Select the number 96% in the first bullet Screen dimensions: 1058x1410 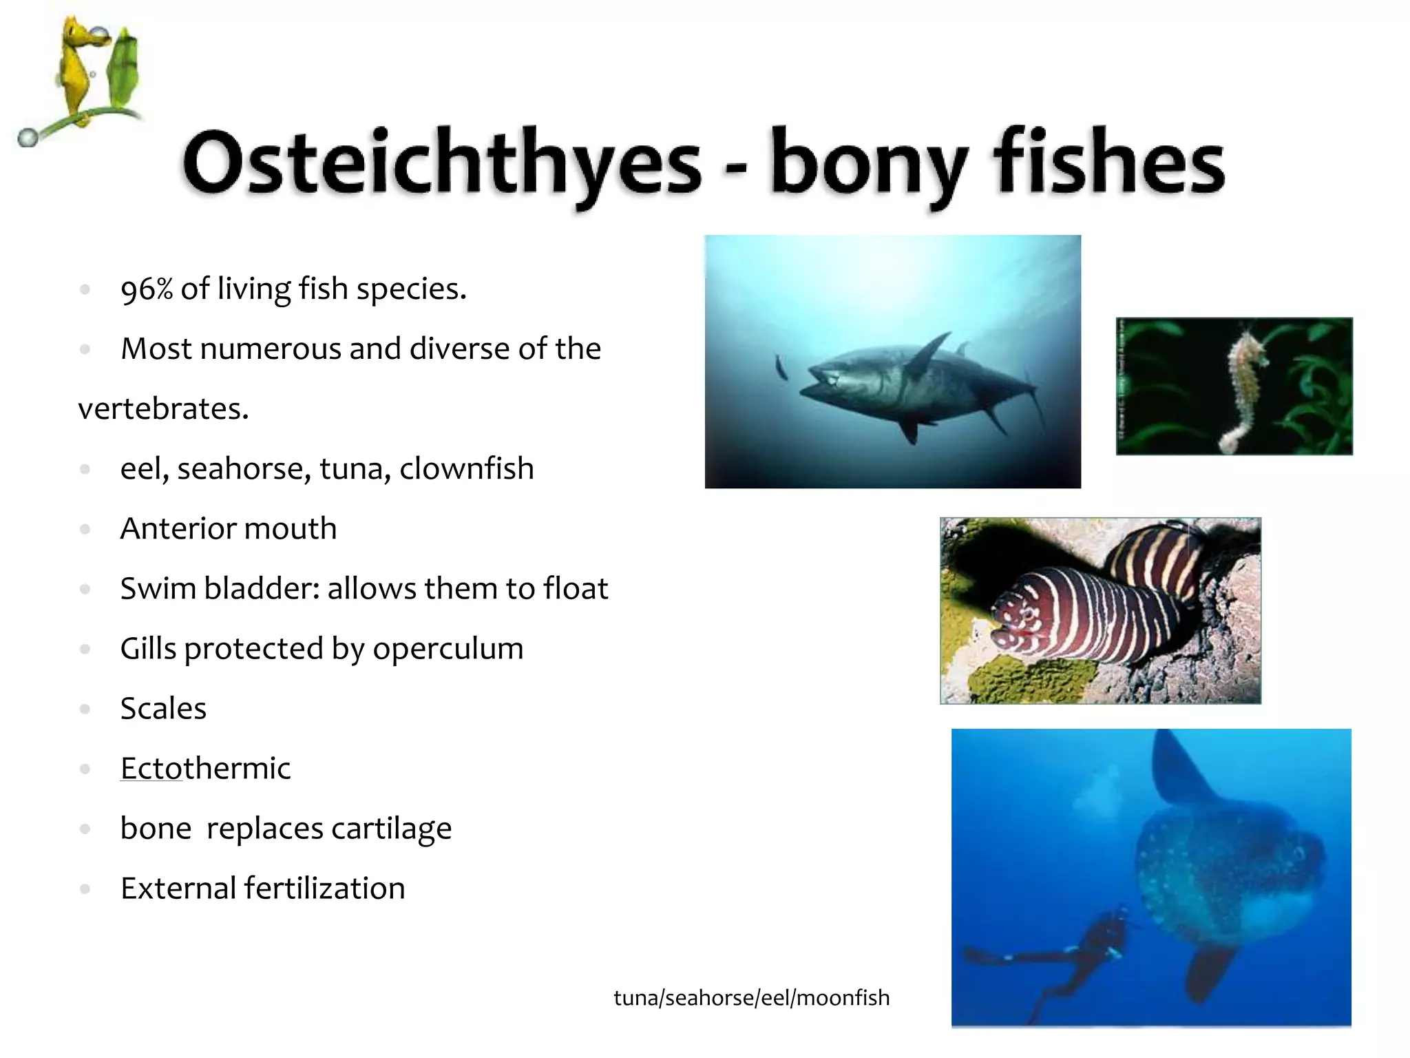146,289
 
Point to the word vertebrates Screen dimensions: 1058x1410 163,409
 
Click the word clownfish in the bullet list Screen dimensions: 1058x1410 467,469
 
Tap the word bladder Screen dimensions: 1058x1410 261,589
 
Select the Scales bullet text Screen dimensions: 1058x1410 163,709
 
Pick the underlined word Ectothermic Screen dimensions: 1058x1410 205,769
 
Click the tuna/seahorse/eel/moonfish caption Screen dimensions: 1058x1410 751,998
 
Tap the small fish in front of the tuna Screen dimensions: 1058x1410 781,367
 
